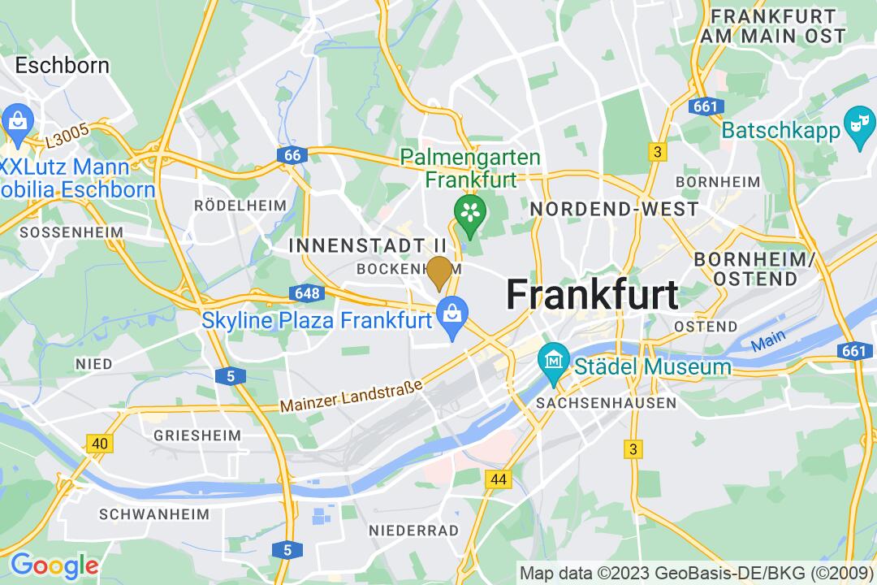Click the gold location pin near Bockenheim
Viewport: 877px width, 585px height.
[439, 271]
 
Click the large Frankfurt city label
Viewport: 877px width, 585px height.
[592, 294]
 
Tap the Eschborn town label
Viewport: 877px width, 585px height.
[63, 65]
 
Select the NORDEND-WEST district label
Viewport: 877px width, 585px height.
[613, 209]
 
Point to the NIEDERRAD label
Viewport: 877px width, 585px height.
[413, 530]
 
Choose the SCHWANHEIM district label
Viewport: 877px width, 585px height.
[153, 514]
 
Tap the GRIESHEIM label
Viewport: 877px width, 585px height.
[197, 435]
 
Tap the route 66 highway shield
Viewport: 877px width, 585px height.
[292, 154]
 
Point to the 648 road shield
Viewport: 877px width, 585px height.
[308, 293]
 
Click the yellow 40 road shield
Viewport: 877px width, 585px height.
[100, 443]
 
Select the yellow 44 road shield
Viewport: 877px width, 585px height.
[499, 479]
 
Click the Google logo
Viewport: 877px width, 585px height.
[54, 565]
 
